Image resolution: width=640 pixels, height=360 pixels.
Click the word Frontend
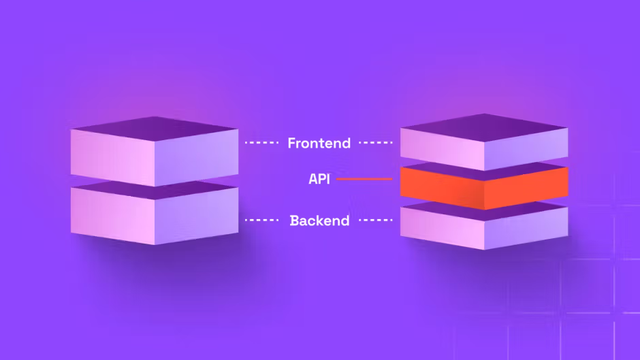319,143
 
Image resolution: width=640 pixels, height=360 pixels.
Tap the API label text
319,179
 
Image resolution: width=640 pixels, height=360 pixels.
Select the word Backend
319,220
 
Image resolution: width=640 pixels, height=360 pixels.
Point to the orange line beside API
364,179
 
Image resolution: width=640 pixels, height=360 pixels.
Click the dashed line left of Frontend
261,142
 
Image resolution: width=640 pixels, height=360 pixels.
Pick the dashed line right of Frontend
376,142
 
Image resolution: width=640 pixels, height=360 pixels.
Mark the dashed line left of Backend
261,220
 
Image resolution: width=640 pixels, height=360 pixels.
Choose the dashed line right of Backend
376,220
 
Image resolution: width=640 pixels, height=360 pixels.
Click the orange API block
484,186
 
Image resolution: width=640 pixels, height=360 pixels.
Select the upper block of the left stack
155,152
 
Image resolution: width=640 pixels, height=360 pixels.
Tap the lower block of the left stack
155,212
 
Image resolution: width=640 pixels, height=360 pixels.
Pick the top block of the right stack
484,142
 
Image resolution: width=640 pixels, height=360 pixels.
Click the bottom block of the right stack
484,225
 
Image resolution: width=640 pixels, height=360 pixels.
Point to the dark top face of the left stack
155,129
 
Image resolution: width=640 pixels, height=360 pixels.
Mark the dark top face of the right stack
484,127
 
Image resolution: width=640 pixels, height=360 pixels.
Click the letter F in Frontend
292,143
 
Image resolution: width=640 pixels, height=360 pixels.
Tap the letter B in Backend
294,220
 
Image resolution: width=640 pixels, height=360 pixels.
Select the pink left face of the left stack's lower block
112,216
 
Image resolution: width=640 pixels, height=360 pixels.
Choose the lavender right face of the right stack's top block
526,149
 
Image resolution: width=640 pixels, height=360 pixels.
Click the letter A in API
313,179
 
